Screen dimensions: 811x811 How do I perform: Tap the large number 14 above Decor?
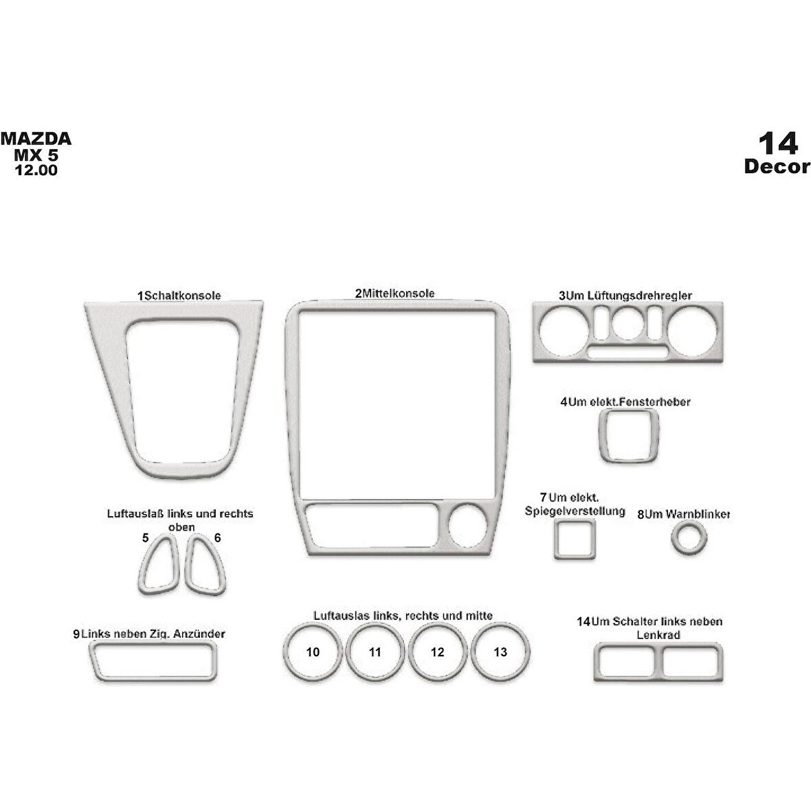pyautogui.click(x=777, y=144)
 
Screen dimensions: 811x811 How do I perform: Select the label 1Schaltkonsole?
pyautogui.click(x=179, y=296)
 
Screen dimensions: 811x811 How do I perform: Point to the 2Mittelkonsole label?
pyautogui.click(x=395, y=293)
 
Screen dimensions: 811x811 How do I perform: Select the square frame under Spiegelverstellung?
pyautogui.click(x=574, y=540)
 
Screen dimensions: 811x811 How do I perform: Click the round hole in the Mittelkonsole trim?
pyautogui.click(x=468, y=526)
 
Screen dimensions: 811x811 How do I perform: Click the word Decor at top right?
pyautogui.click(x=777, y=167)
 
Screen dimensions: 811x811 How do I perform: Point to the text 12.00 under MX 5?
pyautogui.click(x=36, y=170)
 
